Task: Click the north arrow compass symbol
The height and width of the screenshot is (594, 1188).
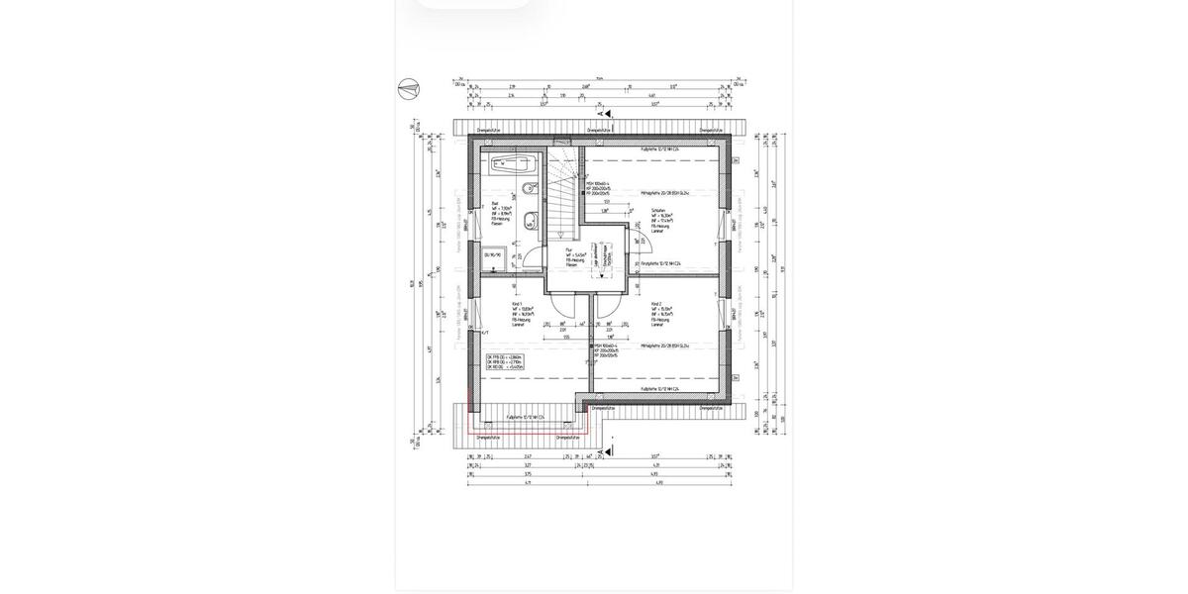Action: [x=406, y=90]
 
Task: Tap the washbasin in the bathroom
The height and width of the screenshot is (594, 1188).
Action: [x=529, y=188]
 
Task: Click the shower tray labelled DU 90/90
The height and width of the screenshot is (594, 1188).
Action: [x=493, y=254]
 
